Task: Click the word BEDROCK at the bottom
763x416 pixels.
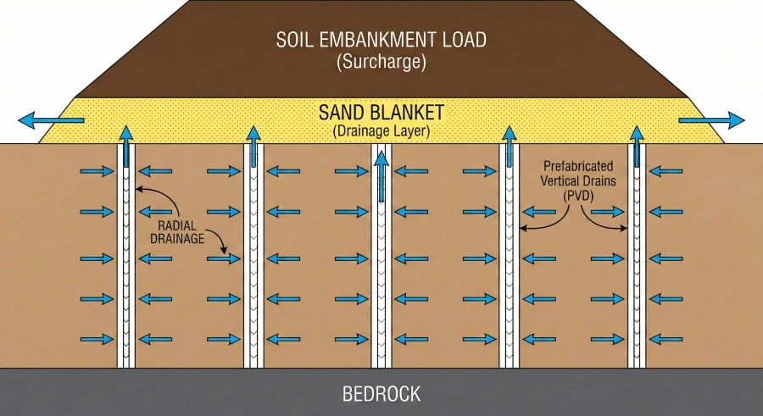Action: click(381, 394)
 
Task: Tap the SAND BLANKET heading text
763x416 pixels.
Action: click(381, 113)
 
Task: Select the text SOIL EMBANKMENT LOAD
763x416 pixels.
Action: click(381, 40)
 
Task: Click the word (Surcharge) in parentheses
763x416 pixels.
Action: click(381, 61)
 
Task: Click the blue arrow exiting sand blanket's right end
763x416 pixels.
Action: click(712, 119)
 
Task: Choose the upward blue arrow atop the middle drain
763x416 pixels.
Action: click(381, 174)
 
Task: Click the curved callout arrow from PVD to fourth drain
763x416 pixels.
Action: click(543, 222)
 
